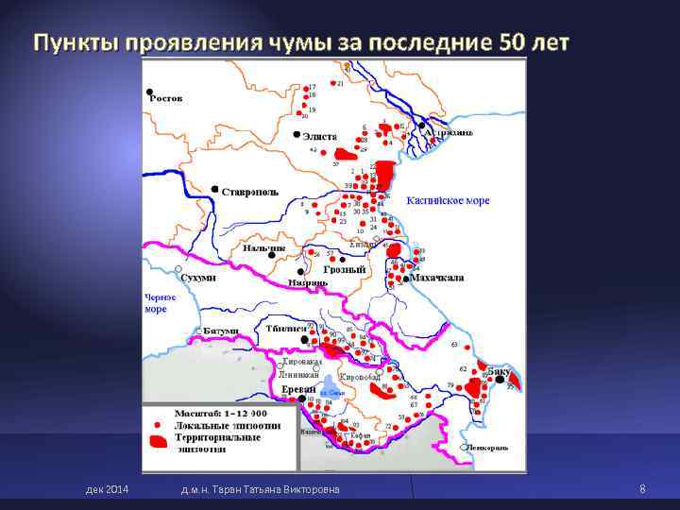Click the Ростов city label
click(166, 98)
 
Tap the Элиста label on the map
click(319, 137)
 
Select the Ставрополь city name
click(249, 192)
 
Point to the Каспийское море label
click(448, 201)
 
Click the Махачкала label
click(436, 279)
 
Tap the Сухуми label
click(198, 279)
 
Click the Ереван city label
click(298, 389)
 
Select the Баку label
click(500, 372)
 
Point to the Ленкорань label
click(485, 447)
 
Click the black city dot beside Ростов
click(149, 92)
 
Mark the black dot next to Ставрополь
click(216, 189)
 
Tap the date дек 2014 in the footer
click(107, 488)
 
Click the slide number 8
click(642, 488)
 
